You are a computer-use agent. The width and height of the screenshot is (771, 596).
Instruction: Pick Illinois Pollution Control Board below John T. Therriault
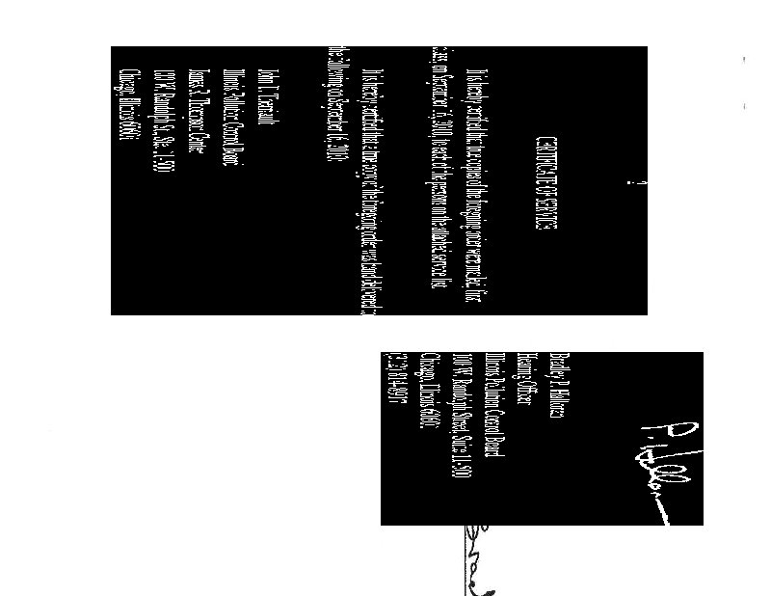[x=228, y=119]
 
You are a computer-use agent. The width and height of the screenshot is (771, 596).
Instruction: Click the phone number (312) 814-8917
[x=394, y=390]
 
